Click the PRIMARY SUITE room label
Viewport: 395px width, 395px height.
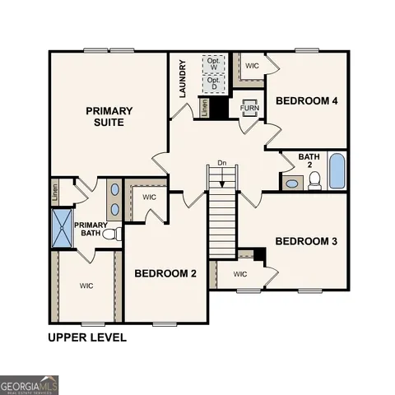(105, 115)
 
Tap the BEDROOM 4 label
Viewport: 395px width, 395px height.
(308, 101)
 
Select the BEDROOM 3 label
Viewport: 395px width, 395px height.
(306, 241)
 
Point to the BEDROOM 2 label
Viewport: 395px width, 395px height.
(165, 274)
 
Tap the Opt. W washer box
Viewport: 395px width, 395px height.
(214, 63)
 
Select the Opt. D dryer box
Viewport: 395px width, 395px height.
(214, 83)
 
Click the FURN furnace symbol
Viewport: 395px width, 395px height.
(249, 109)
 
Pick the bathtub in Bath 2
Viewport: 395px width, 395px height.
(336, 171)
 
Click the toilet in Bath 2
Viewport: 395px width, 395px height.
(314, 181)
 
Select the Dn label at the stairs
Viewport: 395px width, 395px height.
(221, 162)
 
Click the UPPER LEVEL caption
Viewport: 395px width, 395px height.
(86, 337)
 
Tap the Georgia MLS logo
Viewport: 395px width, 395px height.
(30, 384)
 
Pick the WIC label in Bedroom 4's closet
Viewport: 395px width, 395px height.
(252, 64)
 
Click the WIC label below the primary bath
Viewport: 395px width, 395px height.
(86, 286)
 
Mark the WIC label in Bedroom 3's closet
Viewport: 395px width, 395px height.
(240, 274)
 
